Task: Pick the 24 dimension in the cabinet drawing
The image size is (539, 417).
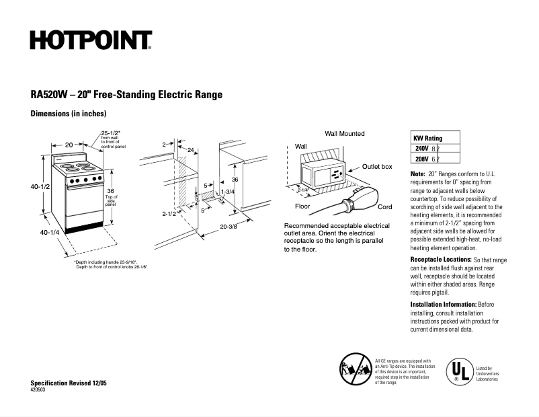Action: click(x=191, y=149)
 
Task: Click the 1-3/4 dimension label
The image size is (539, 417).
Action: click(x=227, y=192)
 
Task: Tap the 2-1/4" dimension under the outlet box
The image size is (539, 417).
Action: click(x=304, y=190)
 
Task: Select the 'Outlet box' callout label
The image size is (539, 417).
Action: click(x=377, y=166)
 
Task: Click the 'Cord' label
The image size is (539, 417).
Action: click(x=384, y=207)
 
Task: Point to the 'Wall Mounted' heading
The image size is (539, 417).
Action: click(x=345, y=134)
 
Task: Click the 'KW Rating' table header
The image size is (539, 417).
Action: click(x=428, y=138)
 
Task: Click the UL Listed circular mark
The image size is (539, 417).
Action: click(x=459, y=372)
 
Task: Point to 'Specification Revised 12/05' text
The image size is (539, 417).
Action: click(x=69, y=383)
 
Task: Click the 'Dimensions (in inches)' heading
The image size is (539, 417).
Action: click(x=69, y=114)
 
